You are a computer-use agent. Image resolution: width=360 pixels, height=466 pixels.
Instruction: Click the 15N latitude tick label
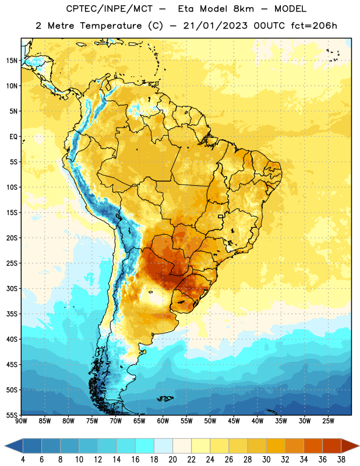click(12, 61)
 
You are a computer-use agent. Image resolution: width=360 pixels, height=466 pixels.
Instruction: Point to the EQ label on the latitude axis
click(13, 137)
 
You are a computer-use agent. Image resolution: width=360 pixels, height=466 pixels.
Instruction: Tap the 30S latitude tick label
click(12, 288)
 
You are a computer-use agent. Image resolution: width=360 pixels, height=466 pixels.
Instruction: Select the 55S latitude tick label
click(12, 415)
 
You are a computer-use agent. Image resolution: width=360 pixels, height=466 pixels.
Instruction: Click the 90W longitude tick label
click(21, 421)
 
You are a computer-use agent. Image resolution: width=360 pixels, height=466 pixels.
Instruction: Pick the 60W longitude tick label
click(163, 421)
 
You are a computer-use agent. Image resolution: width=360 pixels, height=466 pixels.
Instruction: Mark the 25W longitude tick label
click(328, 421)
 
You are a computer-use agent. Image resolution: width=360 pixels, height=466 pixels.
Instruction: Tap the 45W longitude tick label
click(234, 421)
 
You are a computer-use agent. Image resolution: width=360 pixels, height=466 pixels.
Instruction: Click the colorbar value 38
click(341, 460)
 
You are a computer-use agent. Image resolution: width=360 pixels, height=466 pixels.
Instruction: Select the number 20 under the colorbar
click(172, 460)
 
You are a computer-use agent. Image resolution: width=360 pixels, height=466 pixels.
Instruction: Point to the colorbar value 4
click(23, 460)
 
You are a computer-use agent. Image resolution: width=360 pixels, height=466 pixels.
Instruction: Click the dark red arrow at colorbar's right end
click(350, 446)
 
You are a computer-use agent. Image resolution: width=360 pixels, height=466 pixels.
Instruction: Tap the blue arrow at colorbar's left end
click(13, 446)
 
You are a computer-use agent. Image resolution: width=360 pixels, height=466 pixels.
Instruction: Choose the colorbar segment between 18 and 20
click(163, 446)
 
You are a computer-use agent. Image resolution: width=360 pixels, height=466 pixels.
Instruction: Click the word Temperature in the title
click(111, 26)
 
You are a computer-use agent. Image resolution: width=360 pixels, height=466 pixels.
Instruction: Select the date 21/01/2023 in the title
click(215, 26)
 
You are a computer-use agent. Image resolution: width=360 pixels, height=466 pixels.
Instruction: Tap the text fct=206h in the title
click(314, 26)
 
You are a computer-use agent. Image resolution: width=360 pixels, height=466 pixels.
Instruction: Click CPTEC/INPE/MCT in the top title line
click(109, 9)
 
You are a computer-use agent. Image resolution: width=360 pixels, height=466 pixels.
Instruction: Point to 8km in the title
click(243, 9)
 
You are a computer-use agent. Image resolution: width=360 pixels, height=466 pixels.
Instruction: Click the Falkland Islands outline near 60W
click(165, 398)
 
